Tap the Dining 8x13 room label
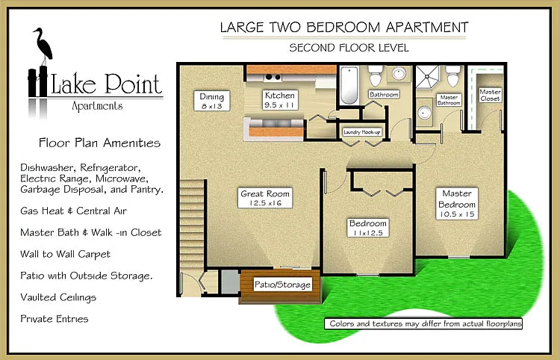click(x=212, y=101)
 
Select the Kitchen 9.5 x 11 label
click(x=280, y=100)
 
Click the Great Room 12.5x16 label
click(x=265, y=198)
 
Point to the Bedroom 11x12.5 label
click(x=368, y=228)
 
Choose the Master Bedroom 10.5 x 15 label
click(x=457, y=204)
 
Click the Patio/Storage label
click(x=282, y=285)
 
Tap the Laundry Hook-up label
click(x=362, y=132)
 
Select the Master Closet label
click(x=490, y=96)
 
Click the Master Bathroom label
click(x=449, y=100)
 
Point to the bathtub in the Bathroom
click(x=349, y=85)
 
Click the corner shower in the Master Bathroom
click(x=428, y=77)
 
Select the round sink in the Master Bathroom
click(x=424, y=113)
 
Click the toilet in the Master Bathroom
click(x=453, y=75)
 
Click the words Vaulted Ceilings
click(x=58, y=297)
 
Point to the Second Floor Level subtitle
click(x=349, y=48)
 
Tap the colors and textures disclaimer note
click(x=423, y=323)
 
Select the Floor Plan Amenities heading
click(x=99, y=143)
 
